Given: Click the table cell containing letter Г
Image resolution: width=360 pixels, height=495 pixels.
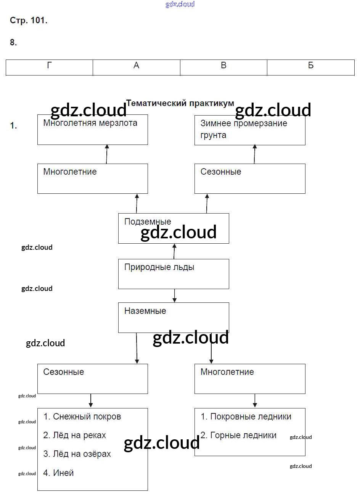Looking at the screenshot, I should tap(50, 67).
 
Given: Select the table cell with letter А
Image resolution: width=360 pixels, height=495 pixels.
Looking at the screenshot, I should tap(137, 67).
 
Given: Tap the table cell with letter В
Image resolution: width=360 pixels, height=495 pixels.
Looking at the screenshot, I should tap(223, 67).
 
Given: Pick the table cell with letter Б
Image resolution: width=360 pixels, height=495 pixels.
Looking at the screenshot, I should tap(311, 67).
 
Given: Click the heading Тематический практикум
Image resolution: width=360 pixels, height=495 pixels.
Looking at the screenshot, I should tap(180, 103).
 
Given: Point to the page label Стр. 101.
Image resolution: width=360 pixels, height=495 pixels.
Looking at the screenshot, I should tap(29, 21).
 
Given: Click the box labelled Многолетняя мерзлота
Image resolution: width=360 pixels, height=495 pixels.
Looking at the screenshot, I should tap(92, 130).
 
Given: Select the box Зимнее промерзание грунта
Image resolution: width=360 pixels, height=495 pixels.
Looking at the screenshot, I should tap(250, 130).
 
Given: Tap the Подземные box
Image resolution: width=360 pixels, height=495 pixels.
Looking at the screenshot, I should tap(174, 228).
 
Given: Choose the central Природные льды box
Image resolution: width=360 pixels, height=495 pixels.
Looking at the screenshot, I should tap(174, 274).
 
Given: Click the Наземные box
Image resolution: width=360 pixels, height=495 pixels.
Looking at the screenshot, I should tap(174, 317).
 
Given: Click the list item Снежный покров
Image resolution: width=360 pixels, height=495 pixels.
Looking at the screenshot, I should tap(82, 416).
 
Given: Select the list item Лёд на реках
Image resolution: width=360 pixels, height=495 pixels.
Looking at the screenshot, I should tap(75, 435).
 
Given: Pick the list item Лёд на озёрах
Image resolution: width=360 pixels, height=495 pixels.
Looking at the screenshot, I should tap(77, 454).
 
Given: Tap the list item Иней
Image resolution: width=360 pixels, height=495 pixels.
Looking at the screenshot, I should tap(59, 473).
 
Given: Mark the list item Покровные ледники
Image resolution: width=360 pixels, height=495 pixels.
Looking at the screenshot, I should tap(246, 416).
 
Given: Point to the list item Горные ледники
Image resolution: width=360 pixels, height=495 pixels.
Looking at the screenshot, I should tap(239, 435).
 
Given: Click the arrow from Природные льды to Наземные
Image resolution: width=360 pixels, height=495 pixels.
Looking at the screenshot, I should tap(175, 296).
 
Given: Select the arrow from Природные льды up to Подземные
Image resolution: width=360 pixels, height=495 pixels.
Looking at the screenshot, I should tap(174, 251).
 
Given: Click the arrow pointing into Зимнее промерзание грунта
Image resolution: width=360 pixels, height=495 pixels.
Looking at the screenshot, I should tap(255, 154).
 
